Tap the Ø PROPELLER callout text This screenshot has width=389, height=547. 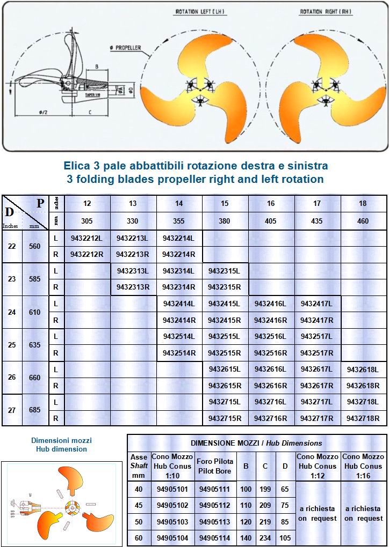coord(126,48)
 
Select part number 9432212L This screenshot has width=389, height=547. coord(87,238)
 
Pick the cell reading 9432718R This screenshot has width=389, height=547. coord(363,418)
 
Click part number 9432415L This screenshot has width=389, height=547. coord(225,304)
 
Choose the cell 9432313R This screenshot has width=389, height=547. coord(133,287)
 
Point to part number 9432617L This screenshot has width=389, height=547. coord(317,369)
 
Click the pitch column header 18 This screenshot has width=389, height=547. coord(363,204)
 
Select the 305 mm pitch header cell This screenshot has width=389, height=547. coord(87,220)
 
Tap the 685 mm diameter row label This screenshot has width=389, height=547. coord(35,410)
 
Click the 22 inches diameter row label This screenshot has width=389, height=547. coord(12,246)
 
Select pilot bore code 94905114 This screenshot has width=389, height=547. coord(214,538)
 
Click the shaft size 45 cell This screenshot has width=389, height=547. coord(139,505)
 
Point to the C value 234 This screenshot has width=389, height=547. coord(264,538)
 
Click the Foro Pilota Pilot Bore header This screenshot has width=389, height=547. coord(214,466)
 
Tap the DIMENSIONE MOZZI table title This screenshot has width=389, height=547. coord(256,443)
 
